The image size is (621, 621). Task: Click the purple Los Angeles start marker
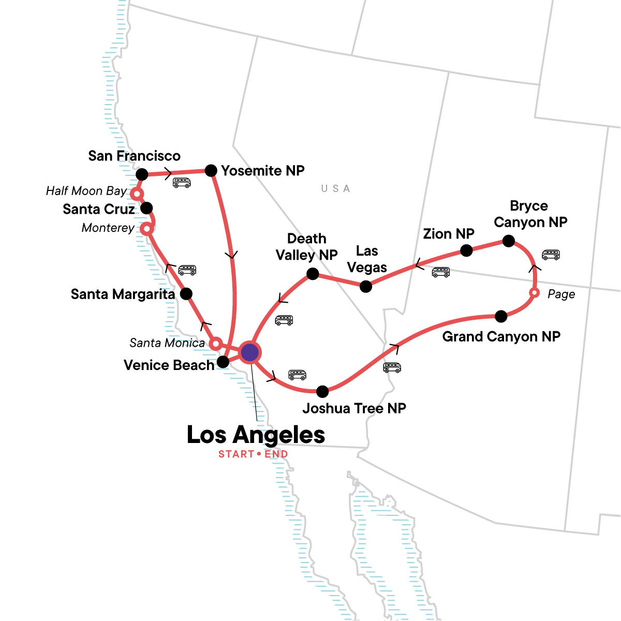[x=250, y=352]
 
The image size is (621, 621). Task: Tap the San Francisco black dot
[x=142, y=174]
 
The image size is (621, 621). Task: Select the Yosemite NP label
[x=262, y=171]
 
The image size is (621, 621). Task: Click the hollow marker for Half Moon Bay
[x=136, y=194]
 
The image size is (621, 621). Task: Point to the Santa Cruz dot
[x=146, y=208]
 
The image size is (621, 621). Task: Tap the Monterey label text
[x=108, y=228]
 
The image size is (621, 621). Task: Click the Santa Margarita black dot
[x=186, y=294]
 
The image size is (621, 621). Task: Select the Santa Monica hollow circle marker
[x=216, y=343]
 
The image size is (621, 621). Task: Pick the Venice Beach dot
[x=223, y=362]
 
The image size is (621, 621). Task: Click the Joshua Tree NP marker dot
[x=322, y=391]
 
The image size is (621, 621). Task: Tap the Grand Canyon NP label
[x=501, y=337]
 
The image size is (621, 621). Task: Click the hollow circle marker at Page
[x=535, y=293]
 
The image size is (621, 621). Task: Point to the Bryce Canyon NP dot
[x=509, y=241]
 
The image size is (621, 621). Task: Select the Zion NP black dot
[x=466, y=251]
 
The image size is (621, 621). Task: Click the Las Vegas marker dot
[x=366, y=286]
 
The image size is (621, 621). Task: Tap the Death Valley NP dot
[x=313, y=274]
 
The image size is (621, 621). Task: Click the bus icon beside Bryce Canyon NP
[x=551, y=255]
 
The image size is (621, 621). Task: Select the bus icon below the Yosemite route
[x=182, y=183]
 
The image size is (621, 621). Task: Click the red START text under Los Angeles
[x=236, y=454]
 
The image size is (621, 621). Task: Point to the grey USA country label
[x=335, y=189]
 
